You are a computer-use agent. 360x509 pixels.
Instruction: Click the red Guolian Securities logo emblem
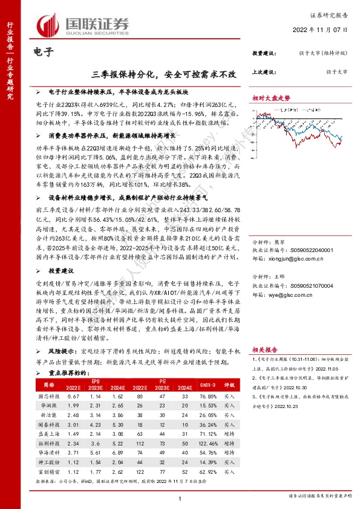coord(49,24)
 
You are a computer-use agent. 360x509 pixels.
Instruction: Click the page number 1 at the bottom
coord(180,497)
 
